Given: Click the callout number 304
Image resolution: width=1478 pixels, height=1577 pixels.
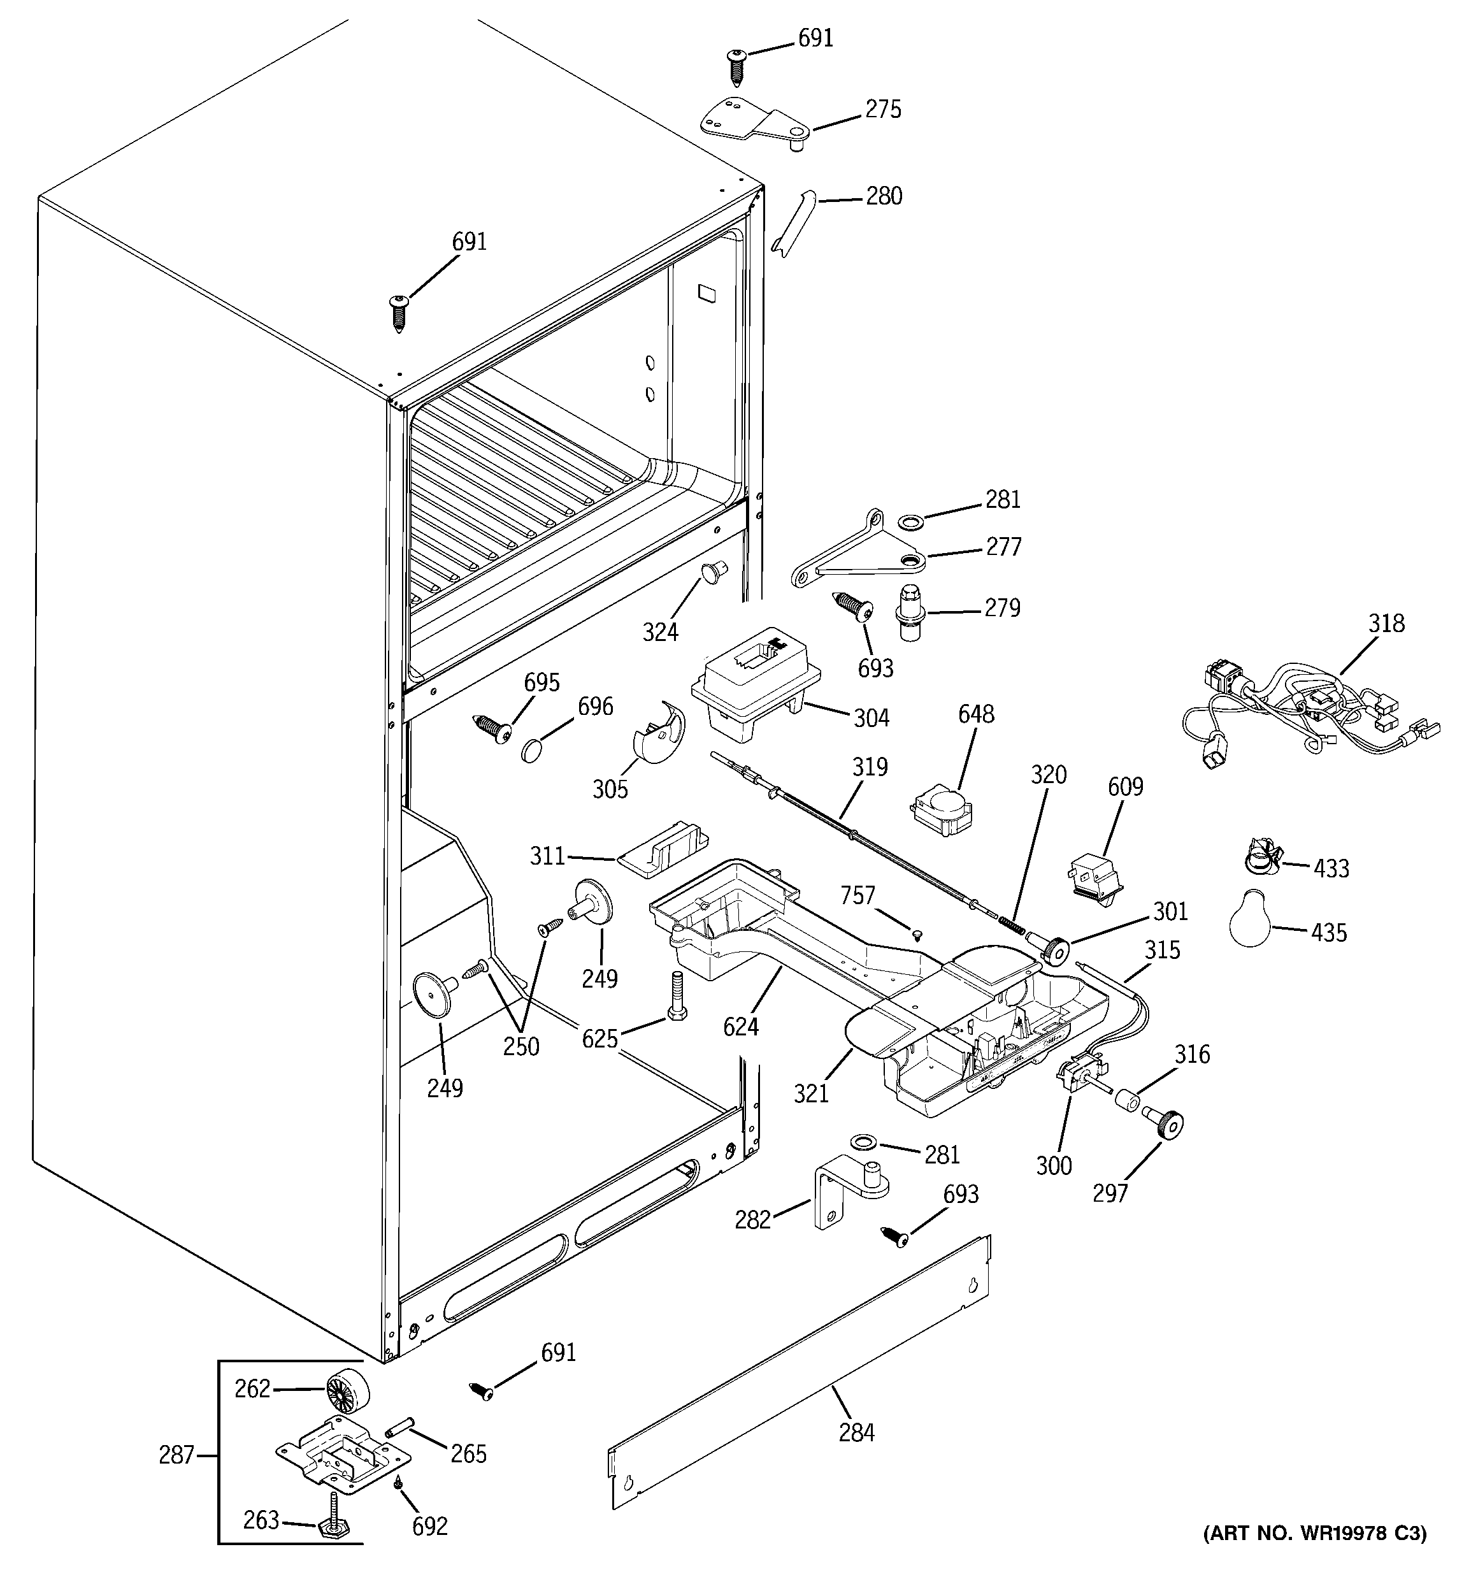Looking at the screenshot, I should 871,718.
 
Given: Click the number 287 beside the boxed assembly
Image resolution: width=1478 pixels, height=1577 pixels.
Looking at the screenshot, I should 176,1454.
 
